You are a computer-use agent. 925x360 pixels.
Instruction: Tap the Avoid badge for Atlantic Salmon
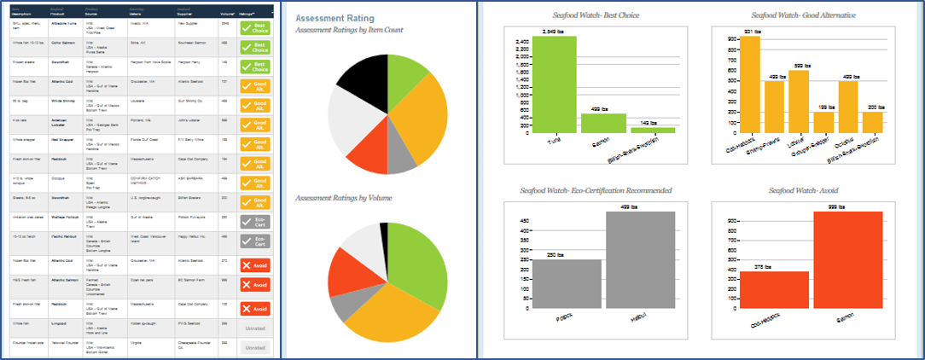click(254, 285)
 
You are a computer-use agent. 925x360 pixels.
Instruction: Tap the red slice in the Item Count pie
click(369, 146)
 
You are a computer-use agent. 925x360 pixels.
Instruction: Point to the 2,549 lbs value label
click(555, 32)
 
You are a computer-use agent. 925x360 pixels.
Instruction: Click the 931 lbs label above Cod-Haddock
click(752, 32)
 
